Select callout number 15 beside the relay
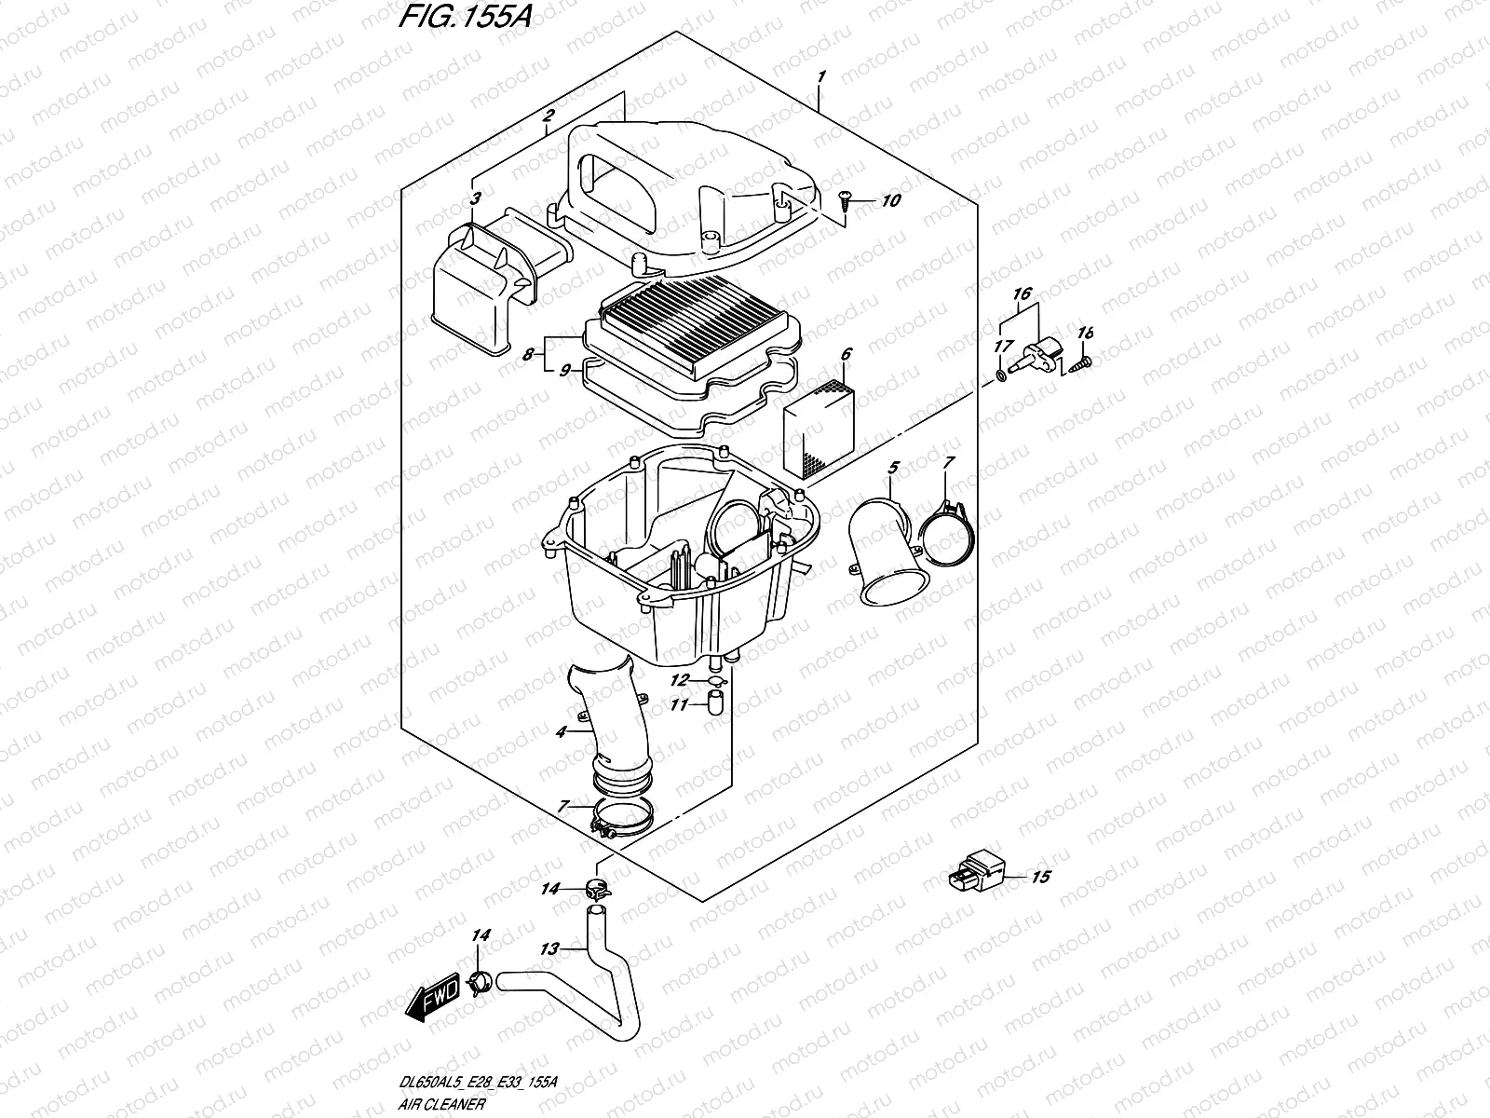[x=1040, y=877]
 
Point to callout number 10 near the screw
[x=891, y=200]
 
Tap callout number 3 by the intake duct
[x=475, y=198]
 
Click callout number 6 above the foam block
[x=846, y=354]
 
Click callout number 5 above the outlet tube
[x=892, y=466]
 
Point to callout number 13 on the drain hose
[x=549, y=949]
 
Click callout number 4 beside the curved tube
[x=561, y=733]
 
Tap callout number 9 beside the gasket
[x=563, y=370]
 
